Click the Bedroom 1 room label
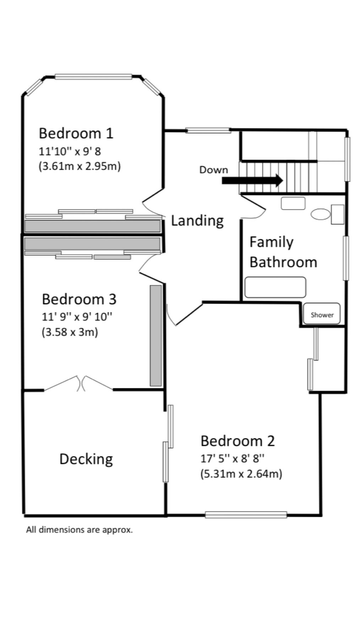point(76,133)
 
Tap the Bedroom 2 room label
point(238,441)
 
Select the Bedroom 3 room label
point(79,299)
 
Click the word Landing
point(197,220)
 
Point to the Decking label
point(86,459)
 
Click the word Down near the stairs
point(213,170)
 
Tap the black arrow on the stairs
point(252,180)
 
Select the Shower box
point(322,314)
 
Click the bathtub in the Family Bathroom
point(275,287)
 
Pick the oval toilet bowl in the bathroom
point(320,214)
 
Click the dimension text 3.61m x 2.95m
point(80,166)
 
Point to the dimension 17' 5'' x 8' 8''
point(233,459)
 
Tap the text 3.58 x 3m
point(70,332)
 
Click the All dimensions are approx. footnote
point(79,530)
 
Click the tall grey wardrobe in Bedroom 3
point(156,335)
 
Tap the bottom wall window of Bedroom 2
point(246,514)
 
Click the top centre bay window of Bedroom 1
point(93,76)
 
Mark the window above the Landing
point(208,130)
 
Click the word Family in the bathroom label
point(271,242)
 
